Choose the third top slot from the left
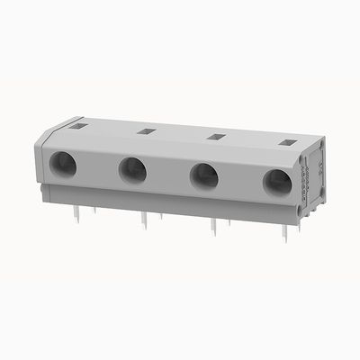point(215,137)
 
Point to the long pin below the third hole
point(213,231)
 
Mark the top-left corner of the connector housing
point(47,128)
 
